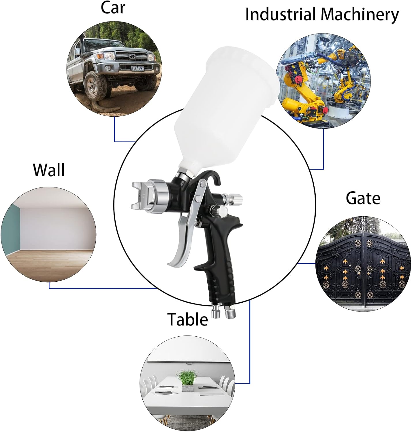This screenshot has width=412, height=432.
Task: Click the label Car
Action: [x=113, y=8]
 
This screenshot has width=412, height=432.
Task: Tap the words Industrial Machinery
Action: [x=322, y=14]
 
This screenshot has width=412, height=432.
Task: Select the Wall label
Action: [x=49, y=170]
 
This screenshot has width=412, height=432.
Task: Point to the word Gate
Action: [x=363, y=198]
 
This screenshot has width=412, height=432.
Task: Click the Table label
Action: [x=187, y=319]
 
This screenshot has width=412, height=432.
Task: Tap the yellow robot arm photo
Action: [x=323, y=81]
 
